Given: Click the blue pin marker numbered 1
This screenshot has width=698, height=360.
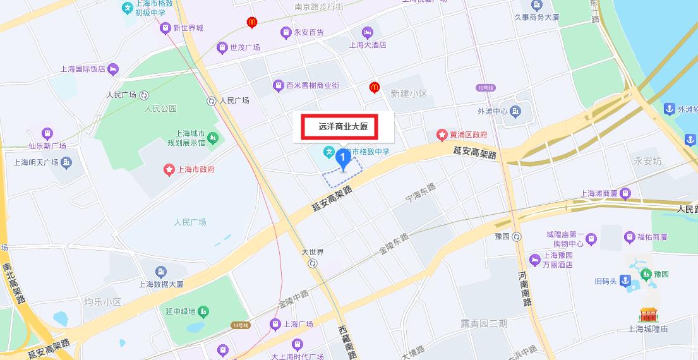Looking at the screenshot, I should pos(342,158).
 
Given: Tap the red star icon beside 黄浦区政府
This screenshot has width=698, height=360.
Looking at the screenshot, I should pos(442,135).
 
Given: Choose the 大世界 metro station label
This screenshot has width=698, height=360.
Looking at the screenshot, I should pos(313,252).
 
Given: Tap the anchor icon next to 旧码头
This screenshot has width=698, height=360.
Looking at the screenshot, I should pos(624,280).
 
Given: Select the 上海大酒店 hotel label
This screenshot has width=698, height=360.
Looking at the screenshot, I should pos(367,45).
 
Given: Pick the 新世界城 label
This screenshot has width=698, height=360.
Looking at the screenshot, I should pos(188,28).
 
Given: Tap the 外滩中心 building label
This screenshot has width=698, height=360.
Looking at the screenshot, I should pos(493,112).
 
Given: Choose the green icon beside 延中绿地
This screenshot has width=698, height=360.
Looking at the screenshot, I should pos(203,311).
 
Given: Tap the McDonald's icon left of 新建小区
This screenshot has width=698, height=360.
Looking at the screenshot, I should pos(374,87).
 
